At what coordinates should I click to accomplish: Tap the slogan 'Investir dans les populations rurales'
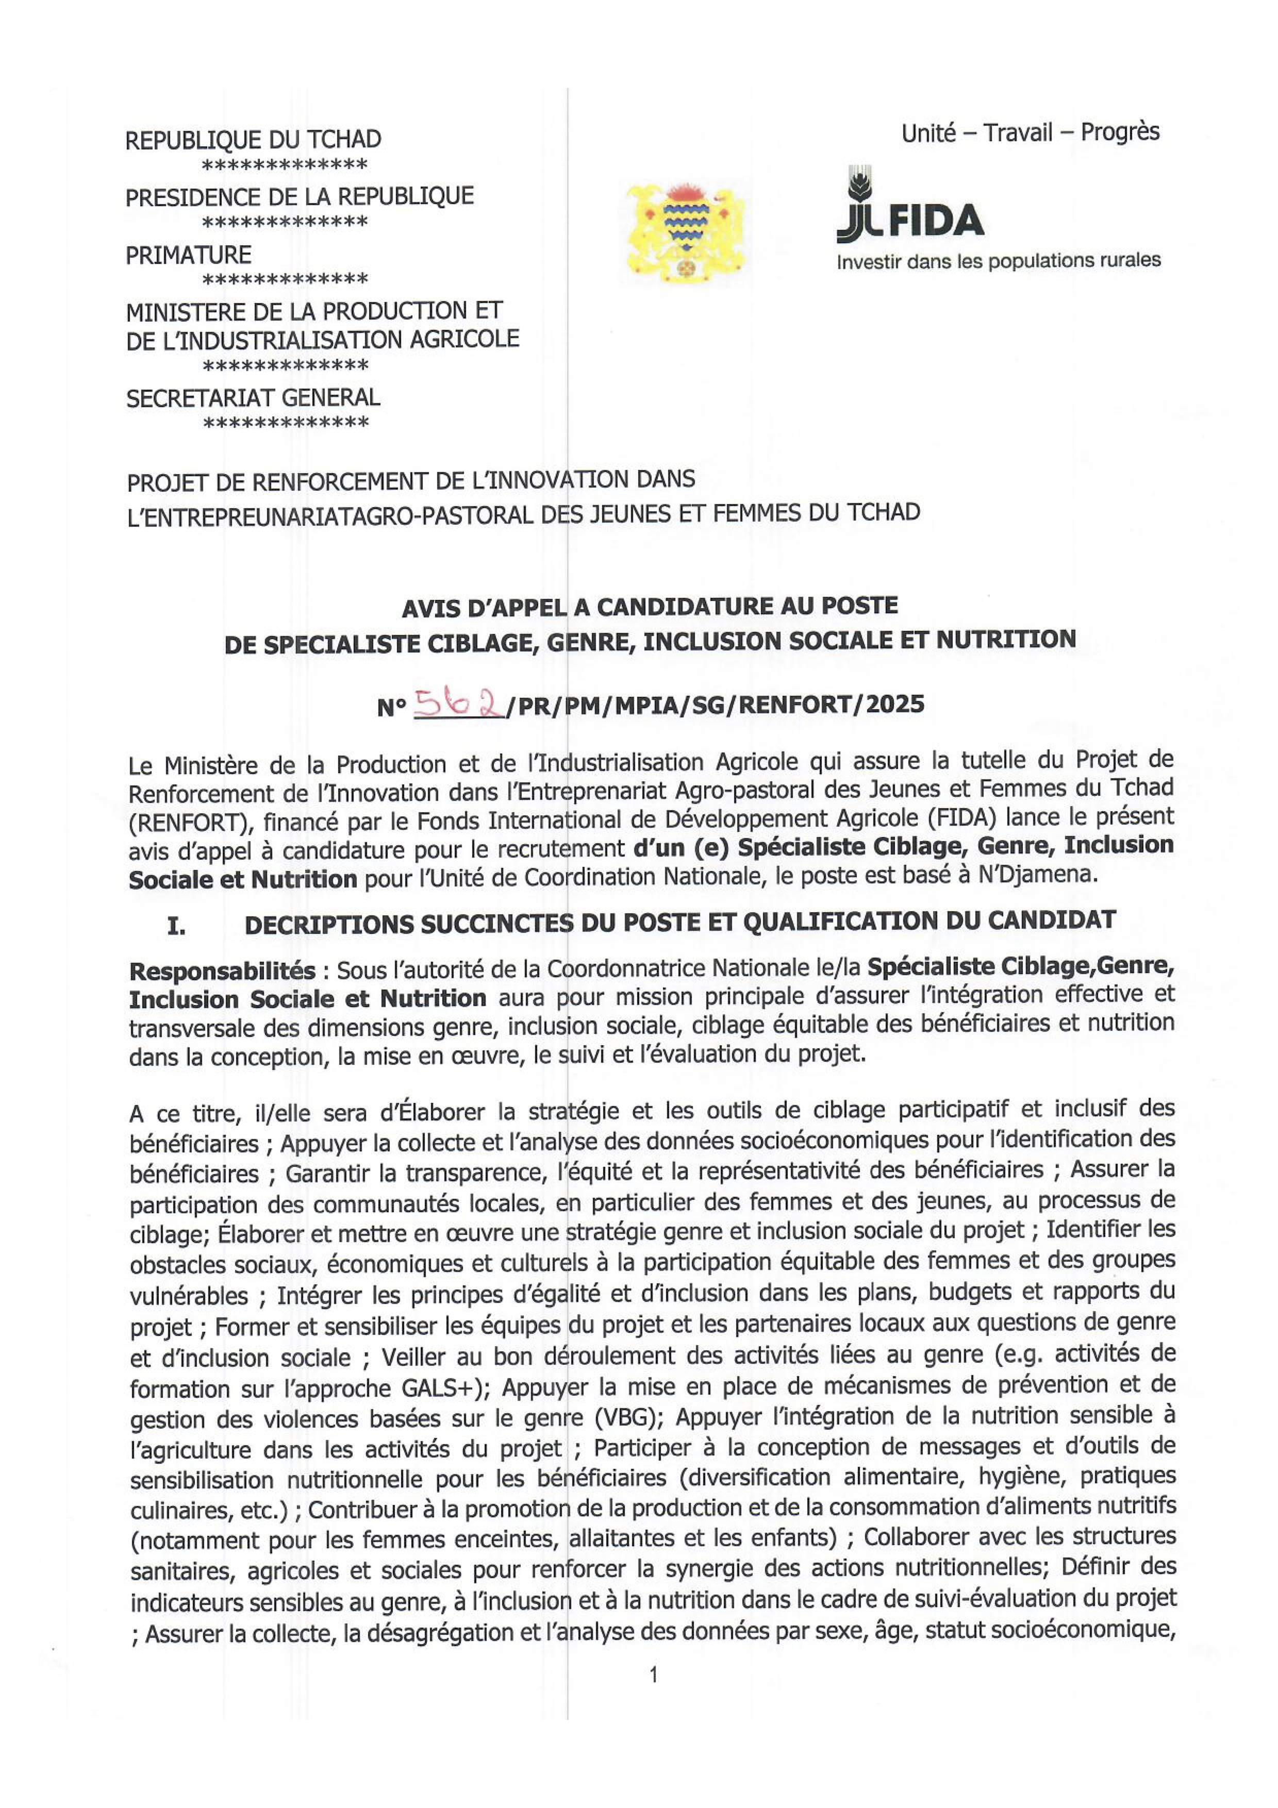998,261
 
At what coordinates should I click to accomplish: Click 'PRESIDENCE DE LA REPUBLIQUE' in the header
299,197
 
